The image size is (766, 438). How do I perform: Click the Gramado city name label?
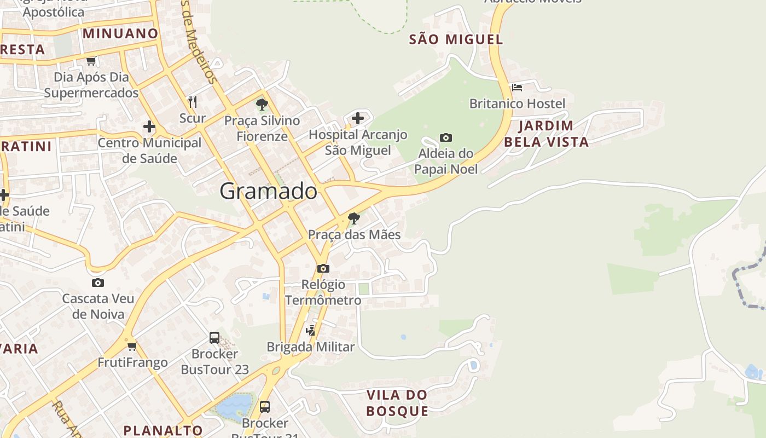point(268,191)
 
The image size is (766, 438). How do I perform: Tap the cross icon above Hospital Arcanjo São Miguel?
point(357,118)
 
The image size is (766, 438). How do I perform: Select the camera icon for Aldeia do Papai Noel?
point(446,137)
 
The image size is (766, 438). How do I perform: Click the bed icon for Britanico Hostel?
point(517,87)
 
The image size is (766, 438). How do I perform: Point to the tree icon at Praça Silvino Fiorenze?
point(262,104)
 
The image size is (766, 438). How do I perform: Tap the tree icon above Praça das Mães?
point(354,218)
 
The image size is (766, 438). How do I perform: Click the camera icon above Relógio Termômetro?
point(323,268)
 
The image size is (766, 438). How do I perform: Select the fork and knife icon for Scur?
point(193,101)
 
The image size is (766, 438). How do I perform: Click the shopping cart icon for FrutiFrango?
point(132,346)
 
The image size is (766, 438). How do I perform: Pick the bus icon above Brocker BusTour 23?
point(214,338)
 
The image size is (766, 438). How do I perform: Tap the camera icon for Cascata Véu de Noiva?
point(98,283)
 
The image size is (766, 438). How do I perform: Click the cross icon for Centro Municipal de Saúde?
point(149,126)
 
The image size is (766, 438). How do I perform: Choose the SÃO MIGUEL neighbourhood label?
point(456,39)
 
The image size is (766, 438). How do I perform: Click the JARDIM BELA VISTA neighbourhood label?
point(546,134)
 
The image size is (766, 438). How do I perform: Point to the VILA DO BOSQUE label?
point(397,403)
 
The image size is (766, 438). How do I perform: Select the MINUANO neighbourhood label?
point(120,33)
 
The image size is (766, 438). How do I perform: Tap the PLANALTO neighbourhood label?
point(163,430)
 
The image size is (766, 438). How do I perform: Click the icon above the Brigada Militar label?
point(310,330)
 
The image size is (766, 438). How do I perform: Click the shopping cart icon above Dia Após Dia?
point(91,61)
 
